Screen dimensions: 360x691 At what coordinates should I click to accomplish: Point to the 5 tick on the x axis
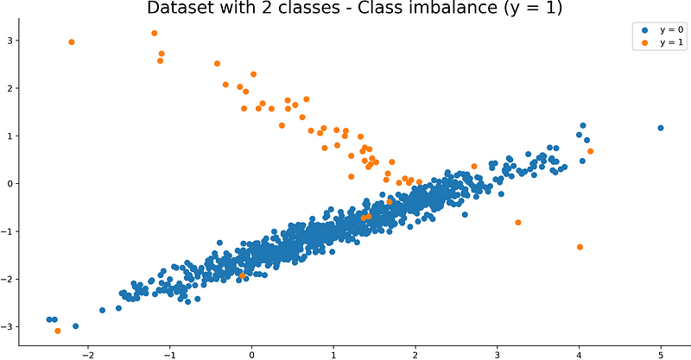point(661,353)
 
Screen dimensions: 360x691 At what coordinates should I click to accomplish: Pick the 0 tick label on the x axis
point(251,353)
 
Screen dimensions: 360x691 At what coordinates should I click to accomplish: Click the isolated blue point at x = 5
point(661,128)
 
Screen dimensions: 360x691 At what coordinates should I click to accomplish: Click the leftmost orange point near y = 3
point(72,42)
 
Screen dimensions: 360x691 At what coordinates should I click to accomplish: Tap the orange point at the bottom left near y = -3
point(58,331)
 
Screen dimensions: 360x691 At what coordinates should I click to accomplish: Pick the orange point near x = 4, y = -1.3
point(580,247)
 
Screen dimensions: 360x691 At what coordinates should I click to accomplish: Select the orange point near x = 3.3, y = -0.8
point(518,223)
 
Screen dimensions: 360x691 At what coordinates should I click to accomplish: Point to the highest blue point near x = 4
point(583,125)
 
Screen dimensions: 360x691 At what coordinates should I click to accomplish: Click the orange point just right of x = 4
point(590,151)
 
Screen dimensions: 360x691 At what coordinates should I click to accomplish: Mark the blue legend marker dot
point(643,30)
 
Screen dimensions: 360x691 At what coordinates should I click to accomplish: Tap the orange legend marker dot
point(643,42)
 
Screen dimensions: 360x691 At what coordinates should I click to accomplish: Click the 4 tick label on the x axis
point(579,353)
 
